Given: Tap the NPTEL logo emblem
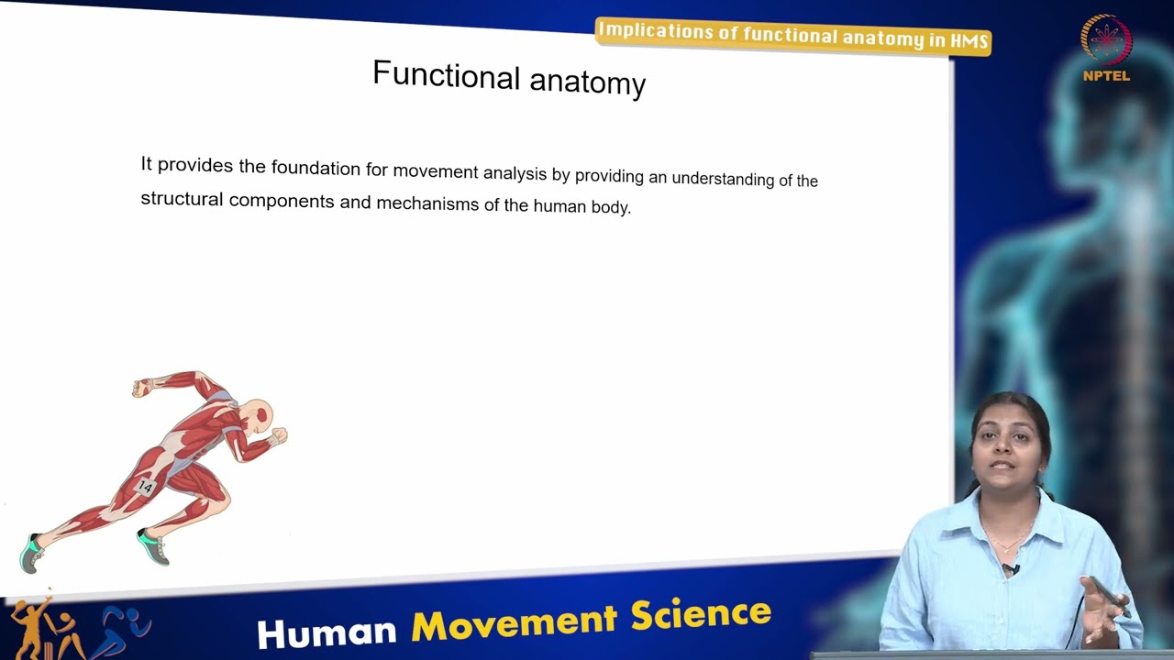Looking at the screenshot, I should pos(1106,40).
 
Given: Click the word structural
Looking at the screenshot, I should pos(181,198).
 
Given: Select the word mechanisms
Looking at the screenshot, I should pos(426,203).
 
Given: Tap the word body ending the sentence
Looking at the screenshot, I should pos(611,208).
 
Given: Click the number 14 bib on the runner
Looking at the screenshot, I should pos(145,487).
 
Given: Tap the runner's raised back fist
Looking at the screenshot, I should pos(140,388).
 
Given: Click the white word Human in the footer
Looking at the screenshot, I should pos(327,632).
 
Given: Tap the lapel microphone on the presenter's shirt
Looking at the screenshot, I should pos(1010,569).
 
